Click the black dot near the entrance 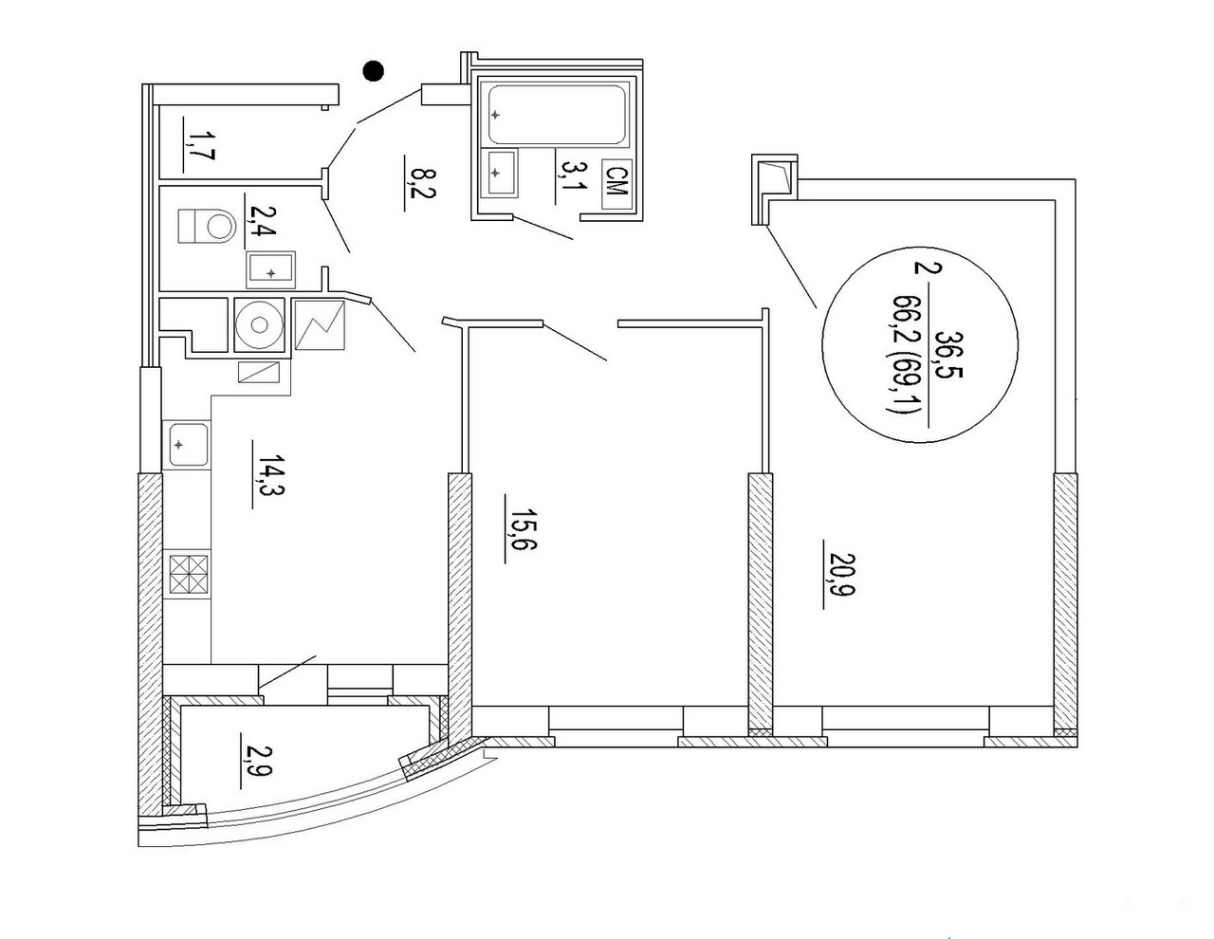pyautogui.click(x=373, y=71)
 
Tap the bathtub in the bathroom pyautogui.click(x=556, y=115)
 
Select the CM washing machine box pyautogui.click(x=616, y=184)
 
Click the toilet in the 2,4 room pyautogui.click(x=205, y=227)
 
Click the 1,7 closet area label pyautogui.click(x=198, y=145)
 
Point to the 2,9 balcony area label pyautogui.click(x=256, y=761)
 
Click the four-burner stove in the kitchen pyautogui.click(x=189, y=574)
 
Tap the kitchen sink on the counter pyautogui.click(x=187, y=445)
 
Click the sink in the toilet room pyautogui.click(x=271, y=269)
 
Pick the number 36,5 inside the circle pyautogui.click(x=949, y=354)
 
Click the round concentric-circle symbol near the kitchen pyautogui.click(x=259, y=324)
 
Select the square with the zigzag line pyautogui.click(x=320, y=325)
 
